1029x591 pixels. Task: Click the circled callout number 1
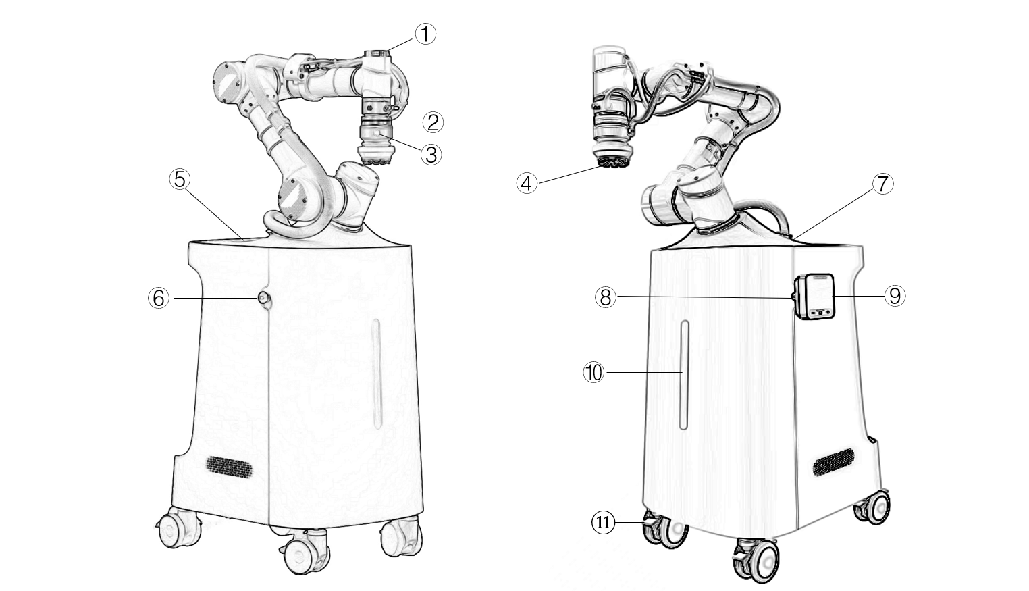point(425,34)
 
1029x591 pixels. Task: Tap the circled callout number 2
point(433,122)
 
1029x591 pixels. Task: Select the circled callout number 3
point(431,155)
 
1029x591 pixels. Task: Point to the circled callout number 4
point(527,183)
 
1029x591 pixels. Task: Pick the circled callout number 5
point(180,179)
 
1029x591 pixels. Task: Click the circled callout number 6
point(159,299)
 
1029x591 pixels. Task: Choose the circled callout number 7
point(882,184)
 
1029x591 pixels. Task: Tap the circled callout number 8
point(606,297)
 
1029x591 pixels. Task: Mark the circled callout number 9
point(895,296)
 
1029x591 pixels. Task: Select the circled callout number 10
point(594,372)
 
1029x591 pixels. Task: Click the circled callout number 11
point(603,523)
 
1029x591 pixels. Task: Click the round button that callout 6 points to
point(264,299)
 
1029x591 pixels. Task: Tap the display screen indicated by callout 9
point(820,296)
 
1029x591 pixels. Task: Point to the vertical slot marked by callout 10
point(683,375)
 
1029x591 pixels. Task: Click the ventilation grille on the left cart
point(230,467)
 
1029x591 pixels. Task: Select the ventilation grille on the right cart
point(834,462)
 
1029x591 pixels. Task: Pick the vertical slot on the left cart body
point(377,374)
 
